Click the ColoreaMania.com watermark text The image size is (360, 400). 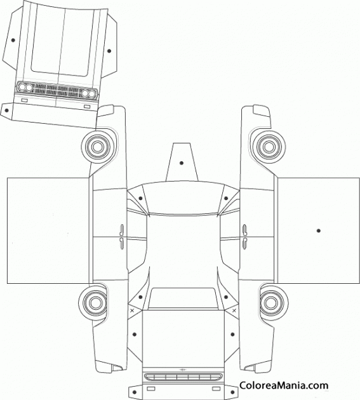284,385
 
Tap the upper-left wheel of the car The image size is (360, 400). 97,147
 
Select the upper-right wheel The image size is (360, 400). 269,147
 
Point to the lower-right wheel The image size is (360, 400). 272,303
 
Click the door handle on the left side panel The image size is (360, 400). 121,237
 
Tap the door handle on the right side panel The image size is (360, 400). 244,237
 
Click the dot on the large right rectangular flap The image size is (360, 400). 318,230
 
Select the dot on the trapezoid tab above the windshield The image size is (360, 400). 182,163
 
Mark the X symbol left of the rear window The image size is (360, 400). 132,310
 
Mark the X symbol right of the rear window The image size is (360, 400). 234,310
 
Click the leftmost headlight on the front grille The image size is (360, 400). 22,87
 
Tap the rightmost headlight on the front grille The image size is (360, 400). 91,94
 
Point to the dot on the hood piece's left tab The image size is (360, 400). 13,40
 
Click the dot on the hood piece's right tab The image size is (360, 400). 109,51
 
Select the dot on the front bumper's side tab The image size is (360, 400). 6,110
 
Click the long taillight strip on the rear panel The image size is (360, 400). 183,377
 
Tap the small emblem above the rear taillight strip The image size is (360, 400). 182,370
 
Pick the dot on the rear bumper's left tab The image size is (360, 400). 135,392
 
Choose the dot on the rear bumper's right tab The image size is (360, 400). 232,392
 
